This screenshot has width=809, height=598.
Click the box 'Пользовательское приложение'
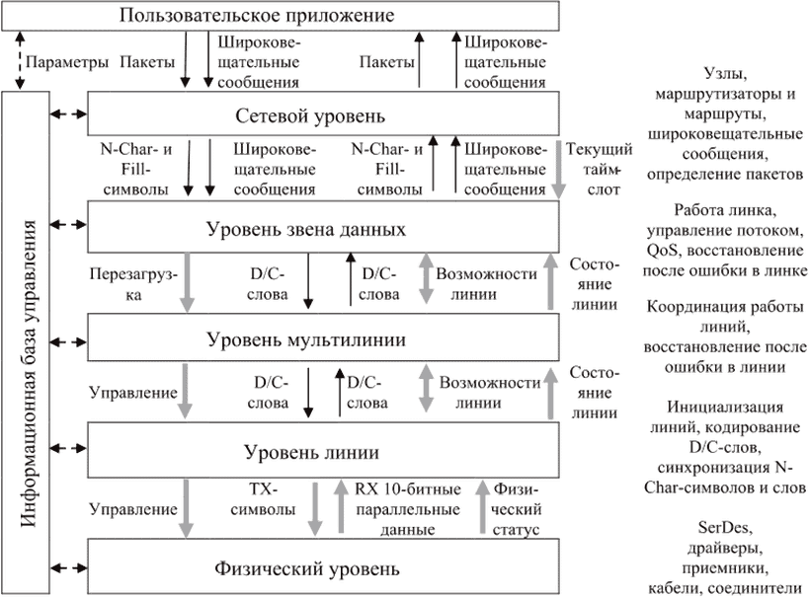(x=281, y=16)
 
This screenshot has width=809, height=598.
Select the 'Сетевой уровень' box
(x=323, y=113)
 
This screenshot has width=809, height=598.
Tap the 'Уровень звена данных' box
(x=323, y=227)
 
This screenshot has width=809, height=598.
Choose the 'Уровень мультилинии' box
(x=323, y=337)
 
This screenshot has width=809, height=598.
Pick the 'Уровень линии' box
(x=323, y=450)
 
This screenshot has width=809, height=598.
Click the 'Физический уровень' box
(x=323, y=566)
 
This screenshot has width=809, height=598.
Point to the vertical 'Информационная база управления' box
(x=26, y=342)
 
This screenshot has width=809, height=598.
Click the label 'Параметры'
(x=67, y=62)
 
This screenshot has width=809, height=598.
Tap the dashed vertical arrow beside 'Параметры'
(x=20, y=60)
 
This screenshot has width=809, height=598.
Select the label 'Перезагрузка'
(x=133, y=284)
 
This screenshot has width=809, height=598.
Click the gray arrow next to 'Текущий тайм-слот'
(x=558, y=170)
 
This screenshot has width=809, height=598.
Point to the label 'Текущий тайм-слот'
(x=600, y=170)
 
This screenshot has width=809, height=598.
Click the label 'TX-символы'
(x=263, y=499)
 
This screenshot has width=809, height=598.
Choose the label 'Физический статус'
(x=516, y=509)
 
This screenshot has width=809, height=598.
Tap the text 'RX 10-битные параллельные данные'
(x=408, y=509)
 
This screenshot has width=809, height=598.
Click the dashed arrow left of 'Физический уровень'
(x=68, y=568)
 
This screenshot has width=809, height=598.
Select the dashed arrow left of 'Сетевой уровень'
(x=68, y=113)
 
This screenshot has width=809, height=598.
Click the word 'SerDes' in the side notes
(x=725, y=527)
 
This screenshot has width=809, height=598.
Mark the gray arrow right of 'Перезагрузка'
(x=187, y=282)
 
